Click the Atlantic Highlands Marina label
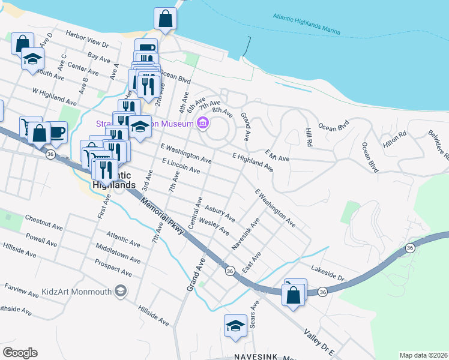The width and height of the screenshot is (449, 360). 306,23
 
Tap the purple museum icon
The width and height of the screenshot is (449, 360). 203,124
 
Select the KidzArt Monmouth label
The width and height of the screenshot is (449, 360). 77,292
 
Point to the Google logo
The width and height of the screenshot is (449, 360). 20,353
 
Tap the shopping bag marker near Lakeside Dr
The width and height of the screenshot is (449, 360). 293,296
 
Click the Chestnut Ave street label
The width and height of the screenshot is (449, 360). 44,222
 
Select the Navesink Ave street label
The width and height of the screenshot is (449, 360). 246,235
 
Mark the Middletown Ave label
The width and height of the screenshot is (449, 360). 118,253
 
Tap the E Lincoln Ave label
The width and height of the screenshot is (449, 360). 181,166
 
